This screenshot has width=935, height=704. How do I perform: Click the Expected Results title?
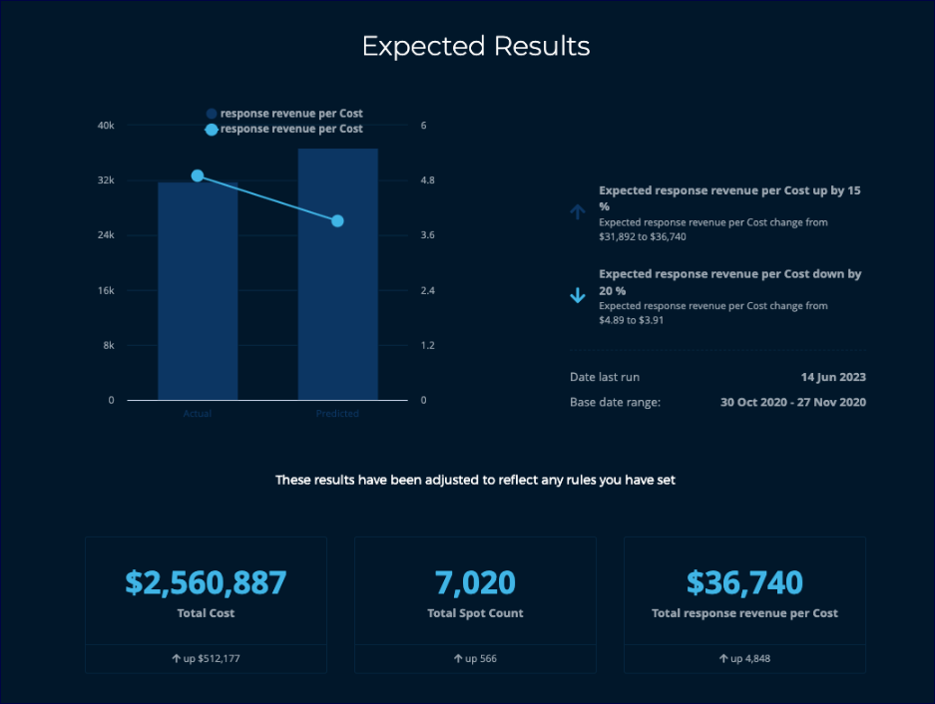point(476,47)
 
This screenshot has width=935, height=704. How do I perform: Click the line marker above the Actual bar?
point(198,176)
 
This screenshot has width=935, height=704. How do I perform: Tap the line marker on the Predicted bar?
point(337,220)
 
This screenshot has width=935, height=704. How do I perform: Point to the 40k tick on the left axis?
point(105,126)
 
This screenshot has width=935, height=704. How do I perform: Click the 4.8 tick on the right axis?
point(428,180)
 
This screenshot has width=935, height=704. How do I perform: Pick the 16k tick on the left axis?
point(105,290)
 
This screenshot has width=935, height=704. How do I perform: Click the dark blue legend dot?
point(212,114)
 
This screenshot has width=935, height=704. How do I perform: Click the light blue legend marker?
point(212,130)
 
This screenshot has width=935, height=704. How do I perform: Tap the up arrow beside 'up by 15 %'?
point(577,211)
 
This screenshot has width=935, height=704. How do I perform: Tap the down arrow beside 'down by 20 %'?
point(577,295)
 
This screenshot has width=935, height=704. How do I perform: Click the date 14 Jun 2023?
point(833,377)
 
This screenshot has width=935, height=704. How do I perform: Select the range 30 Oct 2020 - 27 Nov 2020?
point(793,402)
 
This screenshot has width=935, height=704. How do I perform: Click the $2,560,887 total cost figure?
point(206,582)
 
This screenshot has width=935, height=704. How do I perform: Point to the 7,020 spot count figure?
point(475,582)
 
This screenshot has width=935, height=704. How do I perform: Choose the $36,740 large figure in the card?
point(744,582)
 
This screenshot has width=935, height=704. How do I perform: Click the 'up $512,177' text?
point(206,659)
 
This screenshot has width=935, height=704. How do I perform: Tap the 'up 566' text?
point(475,659)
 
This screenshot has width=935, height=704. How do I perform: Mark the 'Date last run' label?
point(605,377)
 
